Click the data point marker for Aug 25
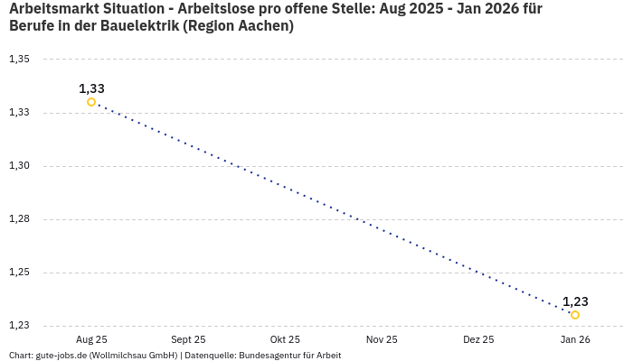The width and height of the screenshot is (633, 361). (x=91, y=102)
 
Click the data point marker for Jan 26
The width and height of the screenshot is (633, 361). (x=575, y=315)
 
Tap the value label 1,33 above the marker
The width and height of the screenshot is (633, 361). (x=91, y=88)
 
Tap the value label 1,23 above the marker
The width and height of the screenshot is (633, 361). (x=575, y=301)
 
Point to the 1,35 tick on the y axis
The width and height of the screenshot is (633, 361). (x=19, y=60)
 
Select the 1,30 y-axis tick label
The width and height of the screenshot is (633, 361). (x=19, y=166)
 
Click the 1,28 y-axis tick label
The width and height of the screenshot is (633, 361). (x=19, y=219)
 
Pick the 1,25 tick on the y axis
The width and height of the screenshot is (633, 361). (x=19, y=273)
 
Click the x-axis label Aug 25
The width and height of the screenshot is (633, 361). (x=91, y=339)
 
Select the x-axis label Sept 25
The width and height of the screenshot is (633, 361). (x=188, y=339)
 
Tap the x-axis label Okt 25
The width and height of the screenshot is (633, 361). (x=285, y=339)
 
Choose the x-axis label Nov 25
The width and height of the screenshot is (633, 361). (x=382, y=339)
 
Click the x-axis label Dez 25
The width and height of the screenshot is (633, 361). (x=478, y=339)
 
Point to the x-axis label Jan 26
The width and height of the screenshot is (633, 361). (x=575, y=339)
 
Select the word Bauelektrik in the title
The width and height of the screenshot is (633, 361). (x=138, y=26)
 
